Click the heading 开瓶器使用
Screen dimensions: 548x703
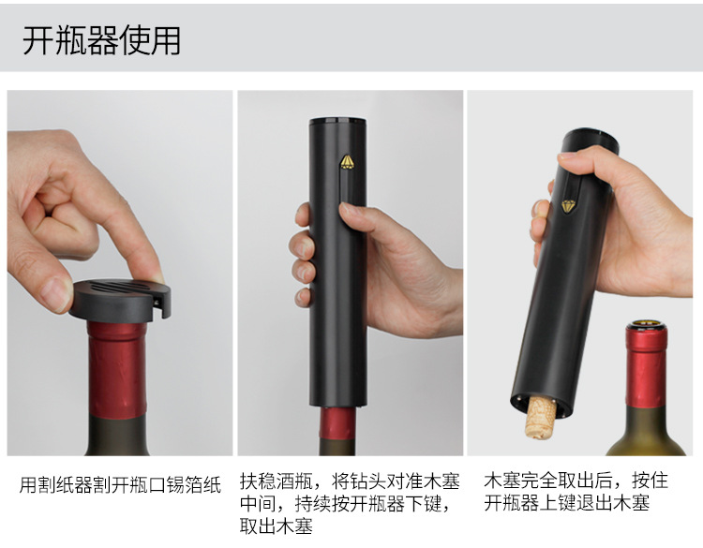[101, 40]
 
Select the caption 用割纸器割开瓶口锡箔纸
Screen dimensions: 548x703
[120, 485]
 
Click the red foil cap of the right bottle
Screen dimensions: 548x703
[646, 370]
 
